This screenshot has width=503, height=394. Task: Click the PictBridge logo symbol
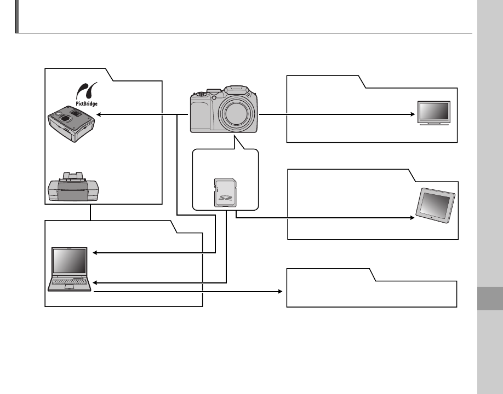pyautogui.click(x=83, y=90)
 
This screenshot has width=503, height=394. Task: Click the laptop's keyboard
pyautogui.click(x=69, y=283)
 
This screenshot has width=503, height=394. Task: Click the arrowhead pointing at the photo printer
pyautogui.click(x=97, y=115)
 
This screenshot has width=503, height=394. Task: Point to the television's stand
pyautogui.click(x=433, y=124)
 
